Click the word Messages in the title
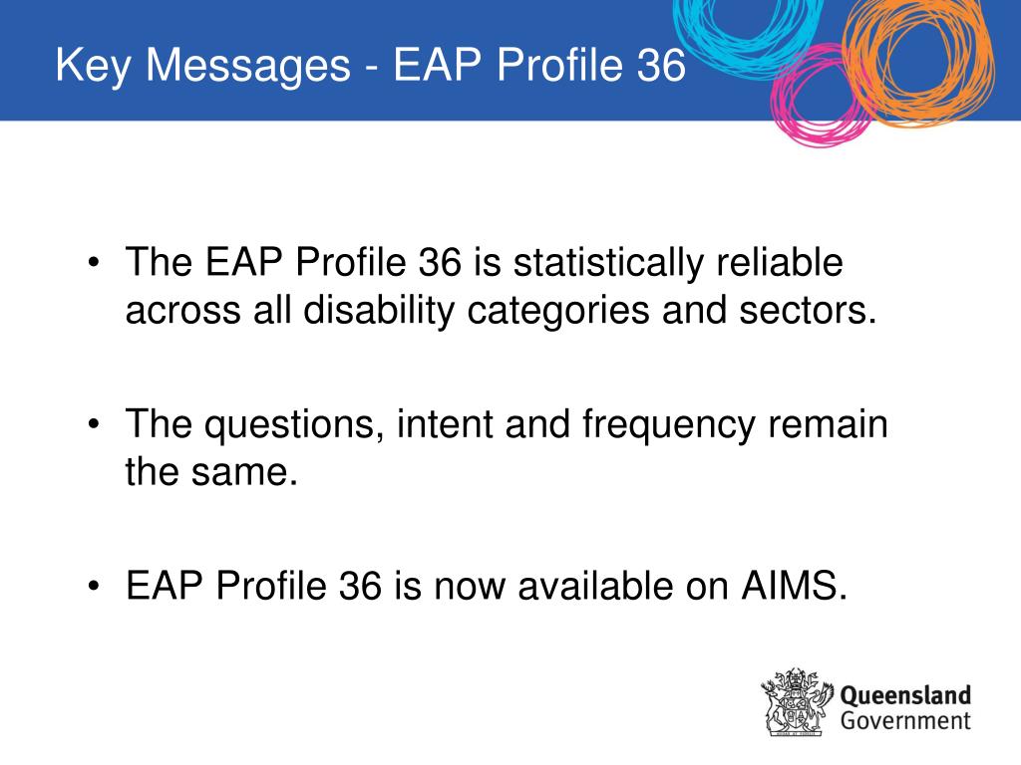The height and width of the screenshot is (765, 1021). click(248, 65)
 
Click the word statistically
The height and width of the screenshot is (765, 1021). click(608, 264)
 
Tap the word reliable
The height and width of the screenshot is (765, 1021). click(780, 262)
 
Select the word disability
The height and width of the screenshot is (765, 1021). click(379, 312)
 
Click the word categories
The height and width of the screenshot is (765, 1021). click(558, 312)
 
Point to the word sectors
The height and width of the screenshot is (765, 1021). click(808, 311)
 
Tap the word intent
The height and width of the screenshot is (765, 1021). click(445, 423)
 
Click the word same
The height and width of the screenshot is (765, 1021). click(244, 473)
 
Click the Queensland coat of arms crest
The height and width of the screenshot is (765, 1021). click(797, 702)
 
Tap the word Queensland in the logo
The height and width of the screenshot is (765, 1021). click(905, 696)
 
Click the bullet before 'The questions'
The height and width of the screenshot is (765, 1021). click(94, 424)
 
